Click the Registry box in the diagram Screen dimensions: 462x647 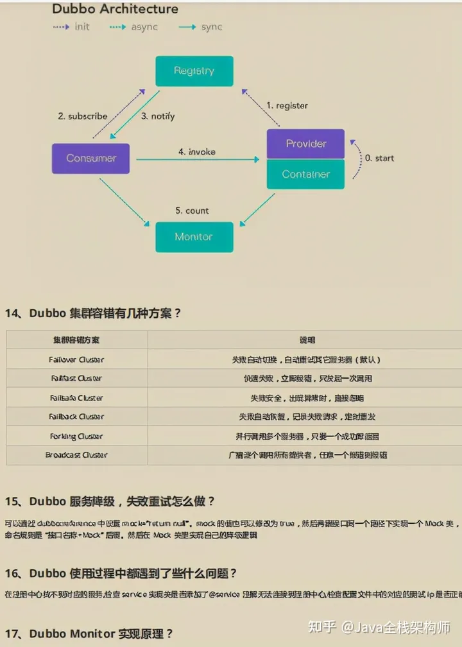pos(194,71)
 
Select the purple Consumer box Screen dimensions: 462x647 pos(90,159)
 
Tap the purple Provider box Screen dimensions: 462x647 pos(305,144)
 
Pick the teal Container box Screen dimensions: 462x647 pos(305,174)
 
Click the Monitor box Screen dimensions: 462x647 pos(194,237)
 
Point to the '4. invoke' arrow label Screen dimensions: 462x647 pos(197,152)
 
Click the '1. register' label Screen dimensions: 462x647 pos(287,105)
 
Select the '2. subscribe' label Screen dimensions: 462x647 pos(82,116)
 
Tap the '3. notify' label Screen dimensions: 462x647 pos(158,116)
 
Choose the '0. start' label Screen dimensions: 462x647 pos(379,158)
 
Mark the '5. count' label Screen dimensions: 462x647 pos(192,211)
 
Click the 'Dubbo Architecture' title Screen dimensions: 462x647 pos(115,9)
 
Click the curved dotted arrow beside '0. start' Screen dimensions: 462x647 pos(355,158)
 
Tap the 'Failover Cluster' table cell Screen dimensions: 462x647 pos(76,360)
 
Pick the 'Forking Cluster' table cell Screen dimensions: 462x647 pos(76,436)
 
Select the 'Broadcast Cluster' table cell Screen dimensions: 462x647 pos(76,455)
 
